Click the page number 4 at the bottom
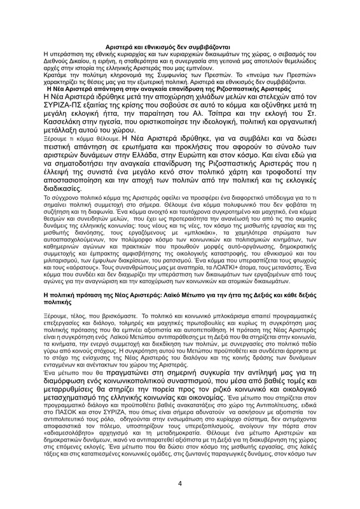180,483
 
